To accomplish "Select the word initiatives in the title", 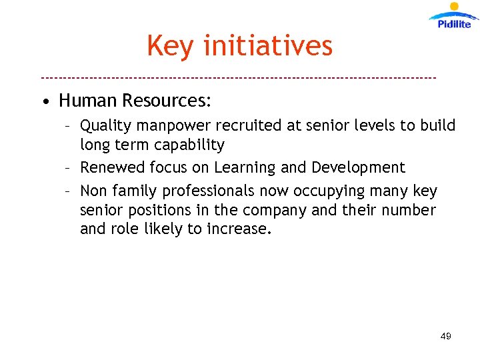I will pyautogui.click(x=267, y=46).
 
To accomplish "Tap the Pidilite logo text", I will pyautogui.click(x=454, y=24).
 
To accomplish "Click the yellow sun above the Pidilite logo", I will pyautogui.click(x=455, y=7).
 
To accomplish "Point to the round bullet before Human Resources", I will pyautogui.click(x=44, y=103).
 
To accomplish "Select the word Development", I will pyautogui.click(x=358, y=167).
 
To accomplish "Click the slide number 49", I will pyautogui.click(x=446, y=336).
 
